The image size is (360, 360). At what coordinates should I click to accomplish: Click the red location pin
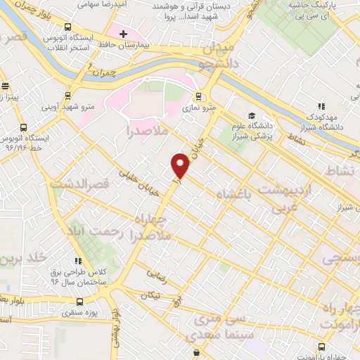[x=181, y=165]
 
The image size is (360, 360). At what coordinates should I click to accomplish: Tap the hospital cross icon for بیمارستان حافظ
[x=124, y=34]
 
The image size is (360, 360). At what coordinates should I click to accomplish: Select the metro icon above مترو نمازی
[x=200, y=96]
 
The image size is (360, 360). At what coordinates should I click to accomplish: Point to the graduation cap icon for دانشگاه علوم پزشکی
[x=252, y=116]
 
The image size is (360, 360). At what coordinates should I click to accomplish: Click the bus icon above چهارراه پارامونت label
[x=321, y=347]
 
